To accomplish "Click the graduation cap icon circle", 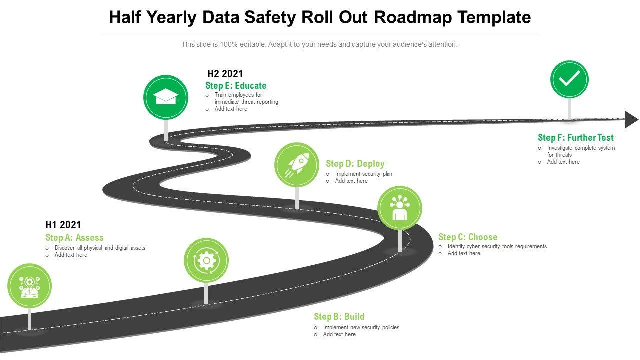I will (166, 97).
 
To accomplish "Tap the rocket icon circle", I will (296, 165).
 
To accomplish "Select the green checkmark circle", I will (569, 79).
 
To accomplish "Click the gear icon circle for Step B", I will (206, 260).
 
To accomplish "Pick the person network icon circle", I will (399, 208).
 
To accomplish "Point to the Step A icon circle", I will (29, 286).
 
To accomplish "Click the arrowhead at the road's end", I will (632, 120).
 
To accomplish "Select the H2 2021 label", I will (225, 74).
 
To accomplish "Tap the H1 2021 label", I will (63, 225).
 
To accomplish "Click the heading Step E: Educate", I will (236, 85).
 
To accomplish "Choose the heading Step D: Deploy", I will (355, 164).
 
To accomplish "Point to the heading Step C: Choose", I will (468, 237).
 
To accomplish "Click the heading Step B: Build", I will (339, 316).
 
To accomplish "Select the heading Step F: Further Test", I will (575, 137).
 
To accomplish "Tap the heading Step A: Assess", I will (74, 238).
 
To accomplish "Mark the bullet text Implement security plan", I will (363, 174).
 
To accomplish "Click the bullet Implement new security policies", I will (361, 327).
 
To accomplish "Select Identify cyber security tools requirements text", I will (497, 246).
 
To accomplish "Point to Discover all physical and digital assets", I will (100, 248).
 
